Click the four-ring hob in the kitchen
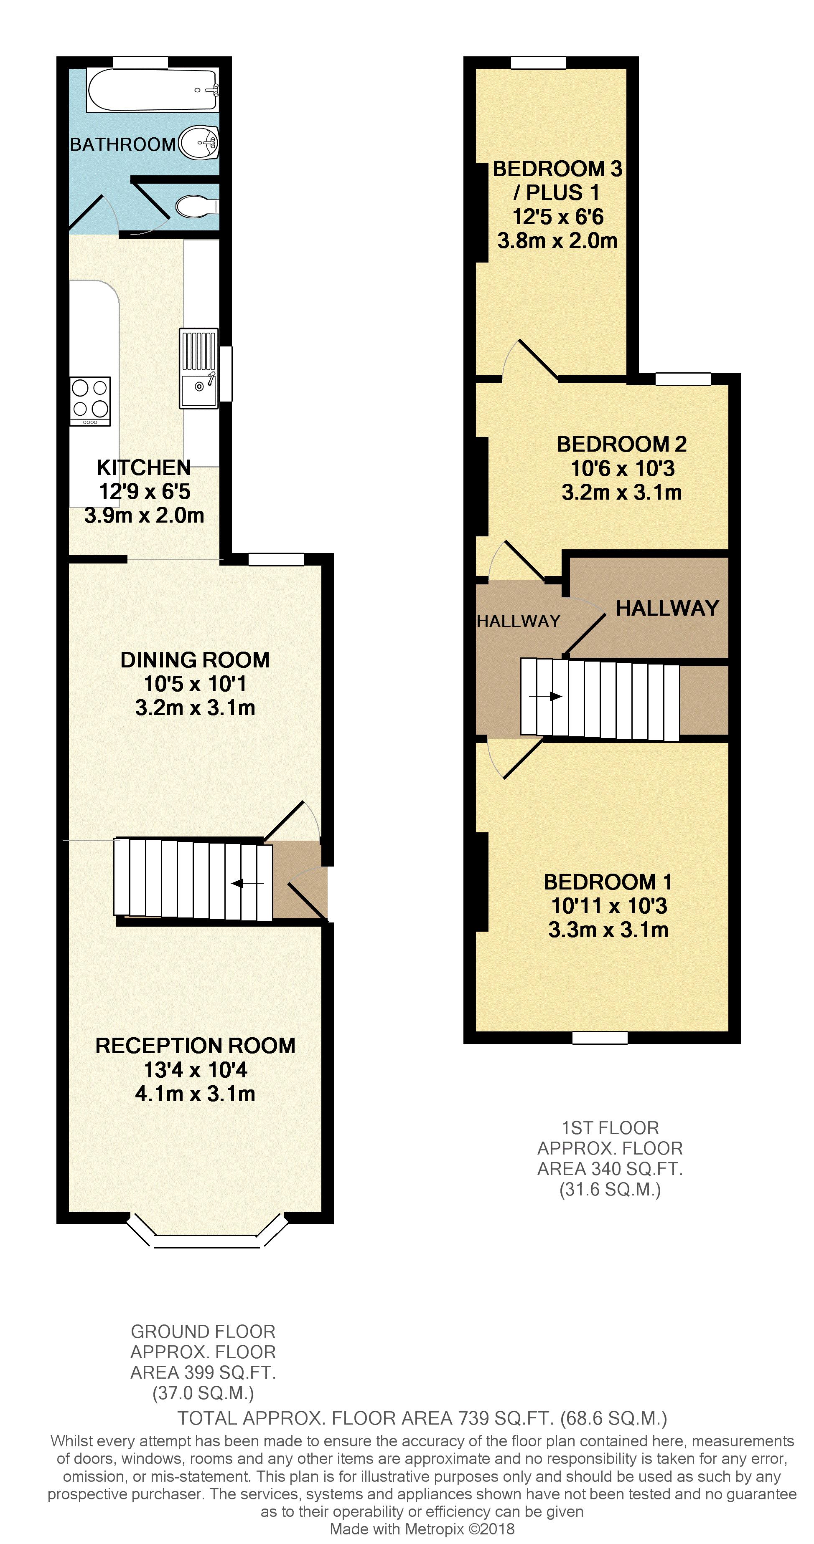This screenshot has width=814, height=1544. coord(90,400)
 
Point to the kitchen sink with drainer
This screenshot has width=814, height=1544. coord(198,368)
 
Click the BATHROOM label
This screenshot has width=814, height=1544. coord(122,144)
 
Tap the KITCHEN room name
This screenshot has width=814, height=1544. coord(144,467)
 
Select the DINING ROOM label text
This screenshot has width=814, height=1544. coord(195,660)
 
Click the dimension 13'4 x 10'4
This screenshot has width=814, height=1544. coord(196,1069)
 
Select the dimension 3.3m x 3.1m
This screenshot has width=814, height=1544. coord(608,930)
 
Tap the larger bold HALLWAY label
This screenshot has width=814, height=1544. coord(667,608)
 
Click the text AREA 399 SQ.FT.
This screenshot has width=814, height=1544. coord(203,1372)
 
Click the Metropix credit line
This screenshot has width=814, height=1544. coord(422,1529)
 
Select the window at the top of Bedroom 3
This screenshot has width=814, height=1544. coord(538,62)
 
